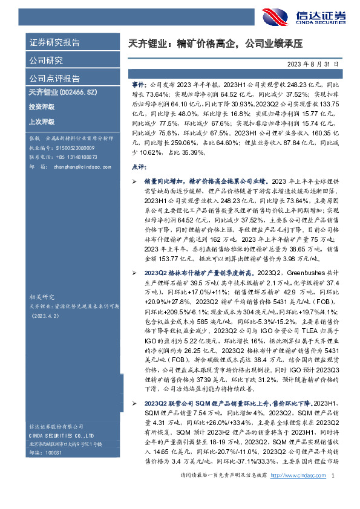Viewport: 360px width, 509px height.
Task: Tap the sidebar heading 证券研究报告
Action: point(55,43)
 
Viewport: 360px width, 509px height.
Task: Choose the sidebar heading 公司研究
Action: point(47,60)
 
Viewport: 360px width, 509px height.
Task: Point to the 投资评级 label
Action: point(41,107)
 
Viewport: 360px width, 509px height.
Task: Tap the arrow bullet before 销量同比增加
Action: point(135,181)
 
